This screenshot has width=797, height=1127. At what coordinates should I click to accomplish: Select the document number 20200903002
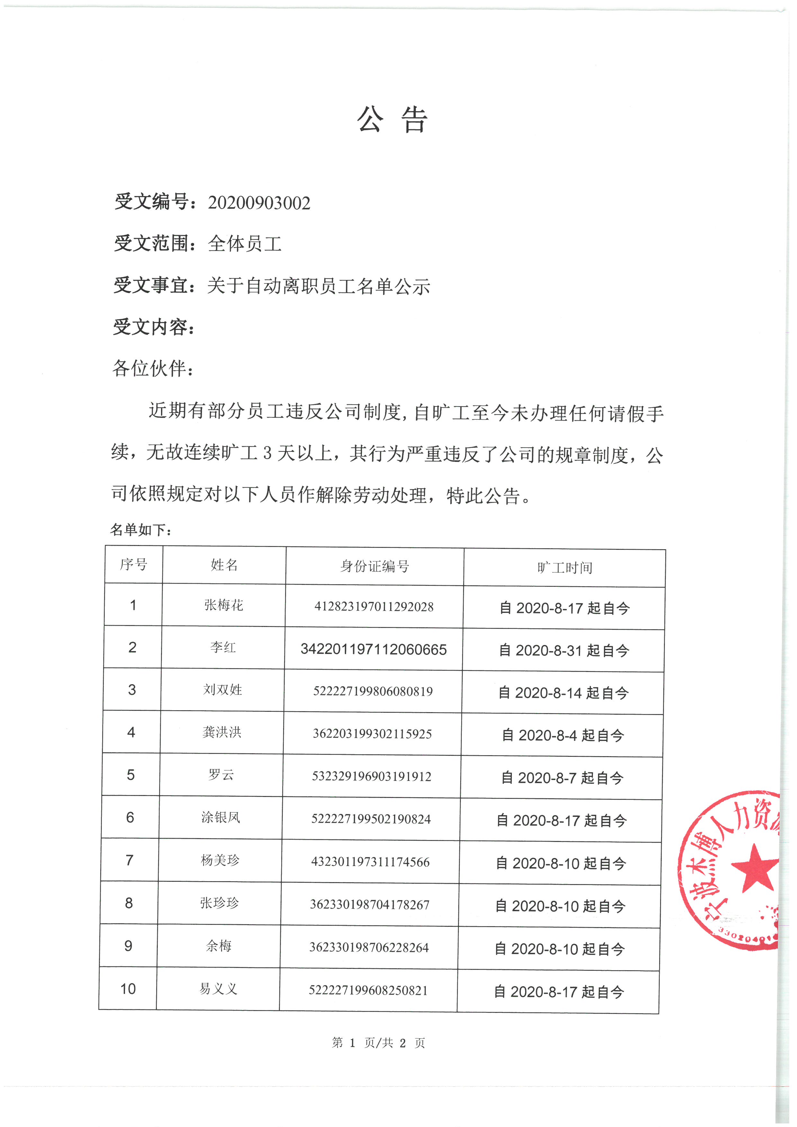pyautogui.click(x=259, y=203)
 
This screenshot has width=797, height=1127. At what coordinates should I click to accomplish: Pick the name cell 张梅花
pyautogui.click(x=224, y=605)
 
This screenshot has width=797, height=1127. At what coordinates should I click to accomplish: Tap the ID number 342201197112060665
pyautogui.click(x=373, y=649)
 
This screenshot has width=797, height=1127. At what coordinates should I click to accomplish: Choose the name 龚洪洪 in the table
pyautogui.click(x=222, y=732)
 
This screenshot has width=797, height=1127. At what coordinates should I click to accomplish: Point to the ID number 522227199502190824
pyautogui.click(x=371, y=819)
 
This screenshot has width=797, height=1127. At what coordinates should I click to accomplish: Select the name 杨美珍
pyautogui.click(x=220, y=860)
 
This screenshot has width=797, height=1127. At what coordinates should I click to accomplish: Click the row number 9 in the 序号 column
pyautogui.click(x=129, y=946)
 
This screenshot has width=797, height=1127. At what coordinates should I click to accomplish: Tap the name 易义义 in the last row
pyautogui.click(x=219, y=988)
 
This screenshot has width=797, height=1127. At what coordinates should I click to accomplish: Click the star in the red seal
pyautogui.click(x=756, y=868)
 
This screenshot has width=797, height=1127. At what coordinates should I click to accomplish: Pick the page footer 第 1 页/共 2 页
pyautogui.click(x=378, y=1042)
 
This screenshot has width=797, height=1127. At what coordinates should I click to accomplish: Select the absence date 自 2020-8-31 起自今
pyautogui.click(x=564, y=651)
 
